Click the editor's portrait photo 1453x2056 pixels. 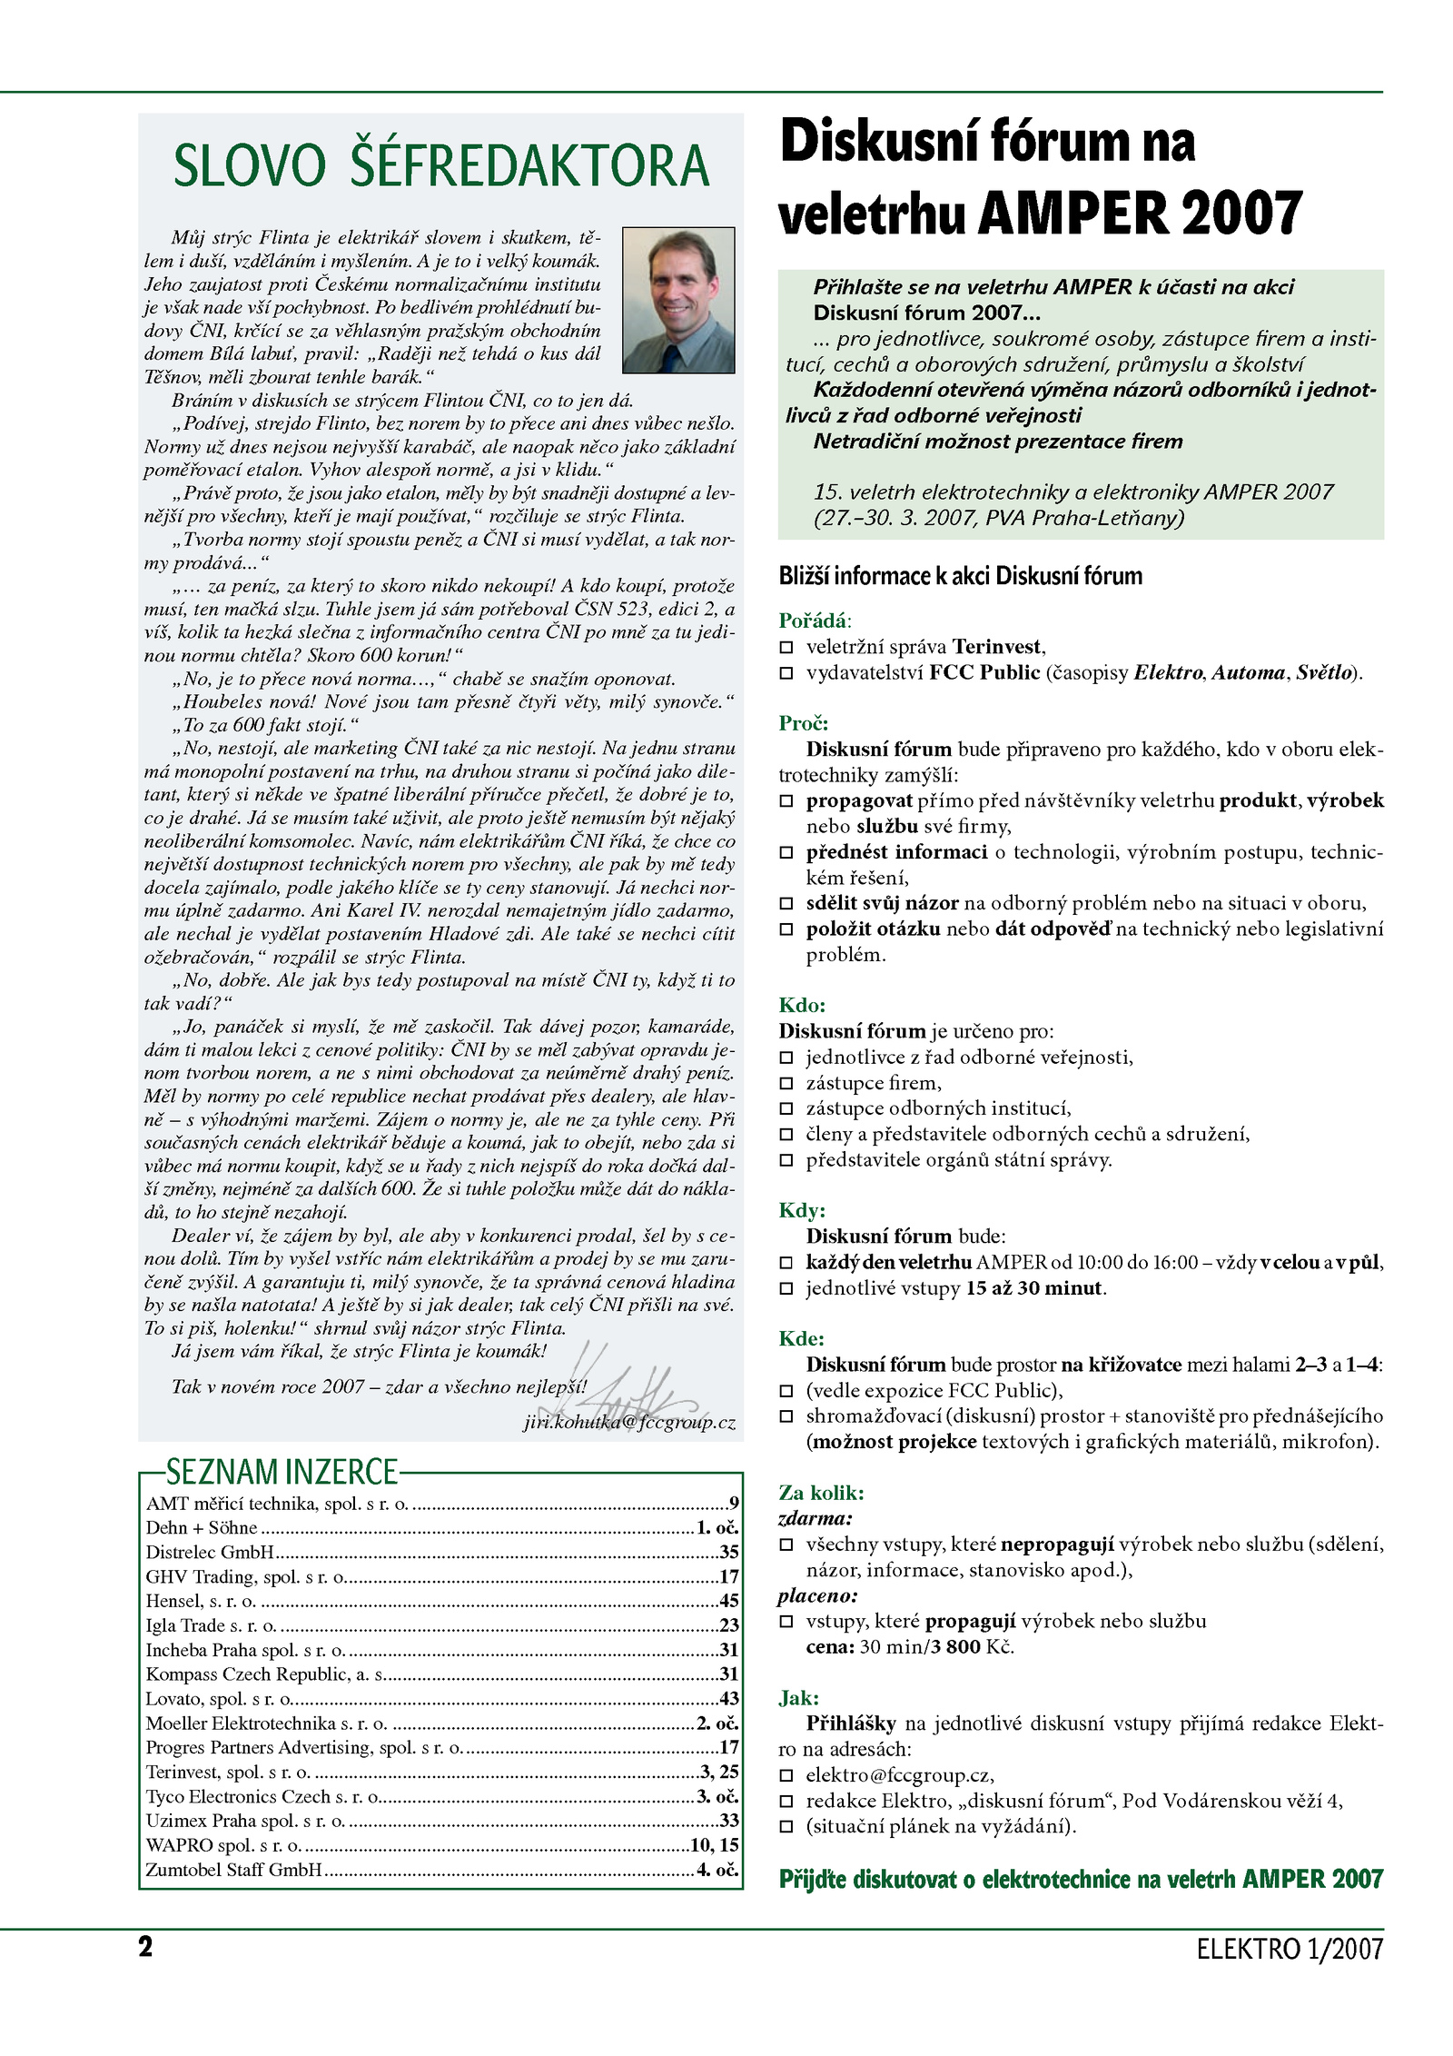click(678, 300)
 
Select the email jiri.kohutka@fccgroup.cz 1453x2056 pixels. click(629, 1423)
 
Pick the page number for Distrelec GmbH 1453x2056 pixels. click(729, 1553)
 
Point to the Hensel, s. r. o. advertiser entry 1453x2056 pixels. click(201, 1601)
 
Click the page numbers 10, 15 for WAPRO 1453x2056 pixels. click(715, 1845)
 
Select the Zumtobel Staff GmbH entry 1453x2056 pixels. click(234, 1870)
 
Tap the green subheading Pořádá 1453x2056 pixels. click(813, 621)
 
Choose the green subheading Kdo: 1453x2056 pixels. click(802, 1005)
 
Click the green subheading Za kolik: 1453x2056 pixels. click(821, 1493)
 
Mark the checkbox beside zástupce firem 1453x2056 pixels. click(786, 1084)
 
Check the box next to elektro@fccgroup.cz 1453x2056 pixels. click(786, 1775)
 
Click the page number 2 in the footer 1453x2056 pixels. click(145, 1946)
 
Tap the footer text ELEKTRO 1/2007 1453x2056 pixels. click(1290, 1949)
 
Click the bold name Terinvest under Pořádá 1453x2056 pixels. click(996, 647)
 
